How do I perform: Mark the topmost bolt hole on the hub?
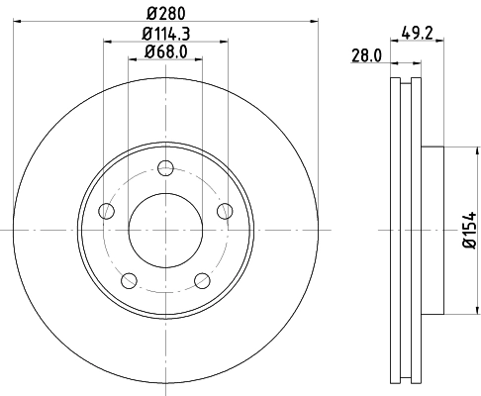pyautogui.click(x=165, y=166)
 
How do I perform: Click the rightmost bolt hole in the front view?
pyautogui.click(x=225, y=209)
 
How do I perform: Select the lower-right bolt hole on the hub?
pyautogui.click(x=202, y=279)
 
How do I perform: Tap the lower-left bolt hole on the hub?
pyautogui.click(x=129, y=279)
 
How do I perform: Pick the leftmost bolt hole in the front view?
pyautogui.click(x=106, y=209)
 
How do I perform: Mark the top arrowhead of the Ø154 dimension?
pyautogui.click(x=457, y=150)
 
